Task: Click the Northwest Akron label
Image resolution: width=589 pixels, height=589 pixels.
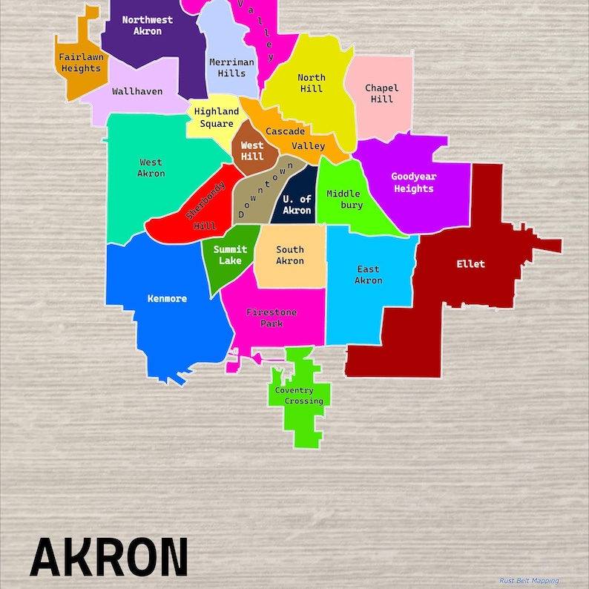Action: click(147, 25)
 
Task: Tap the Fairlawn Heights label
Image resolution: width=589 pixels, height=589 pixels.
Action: click(81, 63)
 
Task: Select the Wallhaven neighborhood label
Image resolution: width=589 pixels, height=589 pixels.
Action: click(137, 92)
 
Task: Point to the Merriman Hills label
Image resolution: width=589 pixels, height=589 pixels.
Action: click(231, 68)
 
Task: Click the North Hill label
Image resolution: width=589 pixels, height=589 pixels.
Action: click(312, 83)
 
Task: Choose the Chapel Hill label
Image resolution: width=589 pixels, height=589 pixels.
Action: click(381, 93)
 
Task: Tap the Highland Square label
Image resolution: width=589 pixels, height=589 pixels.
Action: click(216, 117)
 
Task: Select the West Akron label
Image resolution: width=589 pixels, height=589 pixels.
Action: click(151, 168)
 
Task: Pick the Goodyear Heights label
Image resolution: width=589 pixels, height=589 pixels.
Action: click(413, 182)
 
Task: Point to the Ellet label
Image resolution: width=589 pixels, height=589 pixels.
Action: click(470, 264)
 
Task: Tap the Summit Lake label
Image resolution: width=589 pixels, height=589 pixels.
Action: click(230, 255)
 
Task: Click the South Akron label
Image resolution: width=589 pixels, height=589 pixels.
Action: click(289, 255)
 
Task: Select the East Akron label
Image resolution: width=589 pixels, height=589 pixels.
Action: click(368, 274)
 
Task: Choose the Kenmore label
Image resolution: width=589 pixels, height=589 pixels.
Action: click(167, 299)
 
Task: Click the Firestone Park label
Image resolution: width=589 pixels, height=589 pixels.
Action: click(272, 317)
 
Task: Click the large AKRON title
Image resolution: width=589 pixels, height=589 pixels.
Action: click(109, 556)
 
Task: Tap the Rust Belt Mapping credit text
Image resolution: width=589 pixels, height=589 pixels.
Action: click(529, 581)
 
